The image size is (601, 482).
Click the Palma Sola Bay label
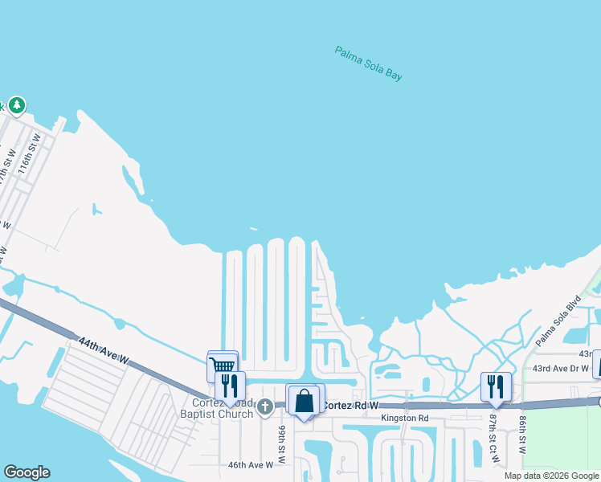[x=368, y=63]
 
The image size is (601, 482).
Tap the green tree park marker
[x=17, y=105]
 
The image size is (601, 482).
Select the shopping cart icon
[x=222, y=366]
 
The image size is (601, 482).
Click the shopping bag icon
[x=305, y=400]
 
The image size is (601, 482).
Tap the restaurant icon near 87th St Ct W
[x=496, y=386]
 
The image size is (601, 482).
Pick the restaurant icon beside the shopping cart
[x=231, y=386]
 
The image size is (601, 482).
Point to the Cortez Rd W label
[x=350, y=406]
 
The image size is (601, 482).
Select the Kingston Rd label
[x=406, y=418]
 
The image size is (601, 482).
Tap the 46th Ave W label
[x=251, y=464]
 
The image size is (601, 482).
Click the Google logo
[x=27, y=472]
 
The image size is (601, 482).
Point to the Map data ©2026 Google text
[x=551, y=476]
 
